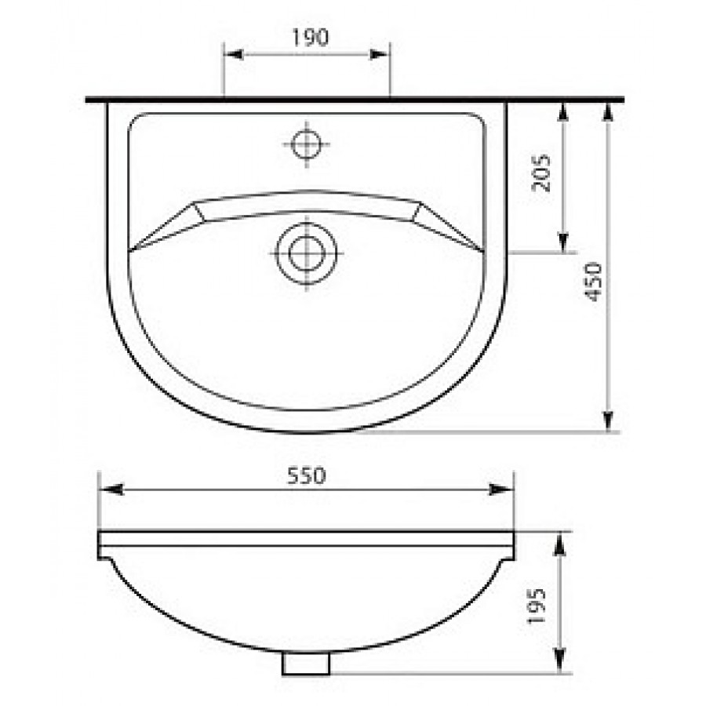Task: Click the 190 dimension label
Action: [x=310, y=38]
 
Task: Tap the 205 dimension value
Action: [x=541, y=173]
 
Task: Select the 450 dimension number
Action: [x=592, y=282]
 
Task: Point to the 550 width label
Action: [x=306, y=476]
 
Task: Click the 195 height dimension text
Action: [x=537, y=606]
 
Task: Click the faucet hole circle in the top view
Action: [x=306, y=144]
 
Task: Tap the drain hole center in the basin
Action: [x=306, y=253]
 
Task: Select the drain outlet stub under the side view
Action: [x=306, y=663]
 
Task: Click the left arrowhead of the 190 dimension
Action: [x=234, y=54]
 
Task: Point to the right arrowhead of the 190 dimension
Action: [x=379, y=54]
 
